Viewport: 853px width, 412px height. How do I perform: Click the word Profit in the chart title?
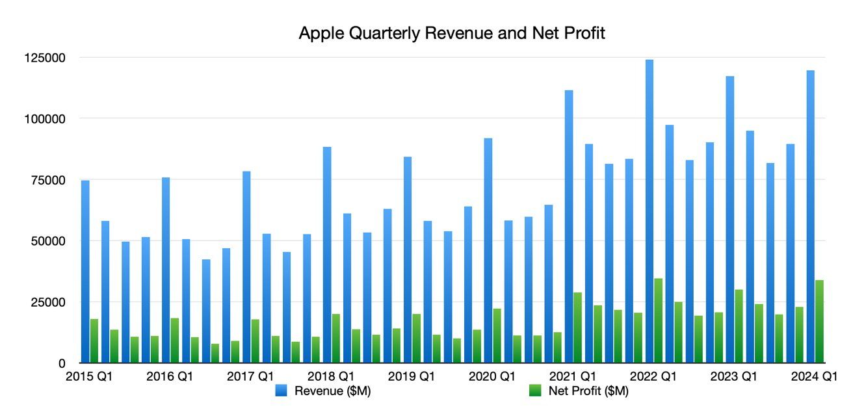pyautogui.click(x=584, y=33)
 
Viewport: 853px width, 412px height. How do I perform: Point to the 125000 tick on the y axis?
pyautogui.click(x=44, y=58)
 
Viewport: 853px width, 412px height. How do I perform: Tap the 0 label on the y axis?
pyautogui.click(x=62, y=363)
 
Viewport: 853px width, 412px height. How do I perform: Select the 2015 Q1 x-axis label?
pyautogui.click(x=88, y=377)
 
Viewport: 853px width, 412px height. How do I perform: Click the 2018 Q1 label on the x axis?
pyautogui.click(x=331, y=377)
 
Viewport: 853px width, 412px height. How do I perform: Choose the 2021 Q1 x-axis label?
pyautogui.click(x=573, y=377)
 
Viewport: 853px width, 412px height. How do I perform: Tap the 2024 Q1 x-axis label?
pyautogui.click(x=815, y=377)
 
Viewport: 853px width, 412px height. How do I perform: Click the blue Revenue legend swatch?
pyautogui.click(x=281, y=391)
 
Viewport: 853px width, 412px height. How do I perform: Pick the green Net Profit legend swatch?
pyautogui.click(x=536, y=391)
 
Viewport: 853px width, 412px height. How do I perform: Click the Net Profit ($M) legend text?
pyautogui.click(x=588, y=391)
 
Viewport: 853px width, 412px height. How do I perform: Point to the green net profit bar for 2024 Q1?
pyautogui.click(x=819, y=322)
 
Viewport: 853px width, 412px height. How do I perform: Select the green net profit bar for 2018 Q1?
pyautogui.click(x=335, y=339)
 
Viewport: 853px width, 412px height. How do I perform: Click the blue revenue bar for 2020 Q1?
pyautogui.click(x=488, y=250)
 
